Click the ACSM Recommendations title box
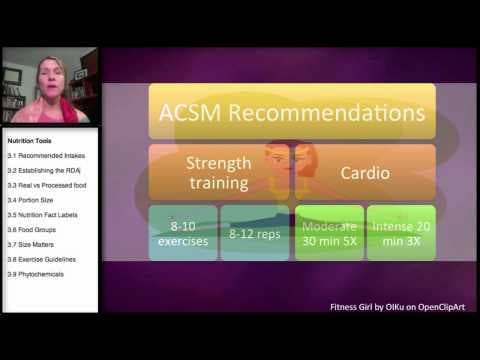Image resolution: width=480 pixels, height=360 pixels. click(x=292, y=110)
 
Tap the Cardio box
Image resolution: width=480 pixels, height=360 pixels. click(x=364, y=172)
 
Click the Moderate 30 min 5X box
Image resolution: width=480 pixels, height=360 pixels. click(x=328, y=232)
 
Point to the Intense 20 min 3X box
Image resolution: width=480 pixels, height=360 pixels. click(x=400, y=232)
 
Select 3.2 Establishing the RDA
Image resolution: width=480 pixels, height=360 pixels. click(x=46, y=171)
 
